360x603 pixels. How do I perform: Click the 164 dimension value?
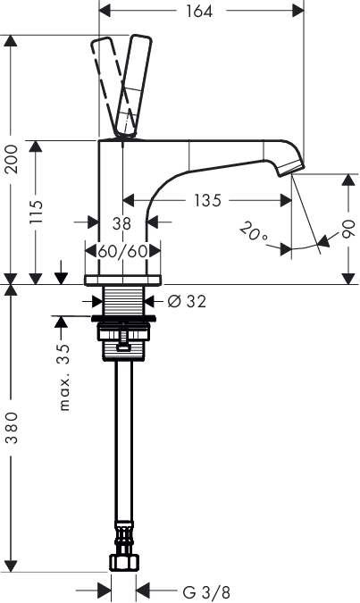pos(199,11)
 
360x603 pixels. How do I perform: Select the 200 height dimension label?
pos(12,159)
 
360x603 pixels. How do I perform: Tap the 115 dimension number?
pos(36,212)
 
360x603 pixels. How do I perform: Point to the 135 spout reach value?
pos(207,200)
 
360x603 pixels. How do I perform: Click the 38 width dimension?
pos(121,223)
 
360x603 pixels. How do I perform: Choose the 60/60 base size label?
pos(122,252)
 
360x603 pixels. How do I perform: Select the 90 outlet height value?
pos(348,229)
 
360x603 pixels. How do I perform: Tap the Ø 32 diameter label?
pos(187,302)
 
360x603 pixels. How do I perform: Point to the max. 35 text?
pos(64,377)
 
